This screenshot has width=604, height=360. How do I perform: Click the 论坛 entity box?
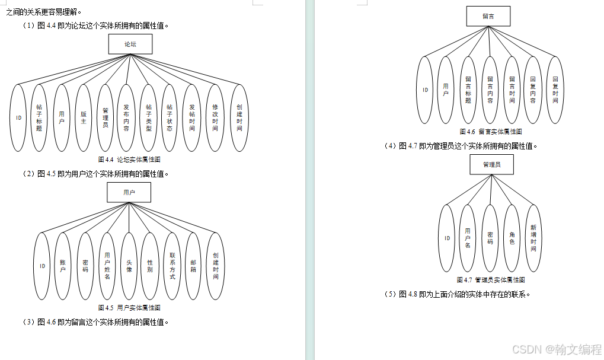130,44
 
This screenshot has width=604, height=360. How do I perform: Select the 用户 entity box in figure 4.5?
129,193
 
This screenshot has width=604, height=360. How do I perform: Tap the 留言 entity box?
488,16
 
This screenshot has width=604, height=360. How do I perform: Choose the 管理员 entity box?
491,164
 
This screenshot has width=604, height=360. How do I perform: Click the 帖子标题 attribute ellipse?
39,117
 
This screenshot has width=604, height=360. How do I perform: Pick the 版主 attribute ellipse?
84,117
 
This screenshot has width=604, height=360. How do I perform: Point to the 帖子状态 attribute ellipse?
170,117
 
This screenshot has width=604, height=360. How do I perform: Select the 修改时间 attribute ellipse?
215,117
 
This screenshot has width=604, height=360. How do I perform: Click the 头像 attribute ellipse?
129,266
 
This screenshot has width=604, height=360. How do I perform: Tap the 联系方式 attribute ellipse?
172,266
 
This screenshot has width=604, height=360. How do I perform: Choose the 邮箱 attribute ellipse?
193,266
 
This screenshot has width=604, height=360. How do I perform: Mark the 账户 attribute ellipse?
63,266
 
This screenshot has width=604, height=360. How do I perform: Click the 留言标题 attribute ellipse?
468,90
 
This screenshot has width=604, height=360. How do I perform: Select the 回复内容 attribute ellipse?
533,90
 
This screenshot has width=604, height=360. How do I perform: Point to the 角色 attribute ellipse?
512,238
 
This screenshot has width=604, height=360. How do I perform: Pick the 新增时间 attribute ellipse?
533,238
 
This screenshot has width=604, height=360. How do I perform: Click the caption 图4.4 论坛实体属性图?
129,160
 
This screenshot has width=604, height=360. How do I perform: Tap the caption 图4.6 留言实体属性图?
491,132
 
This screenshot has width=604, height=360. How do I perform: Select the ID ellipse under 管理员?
447,238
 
